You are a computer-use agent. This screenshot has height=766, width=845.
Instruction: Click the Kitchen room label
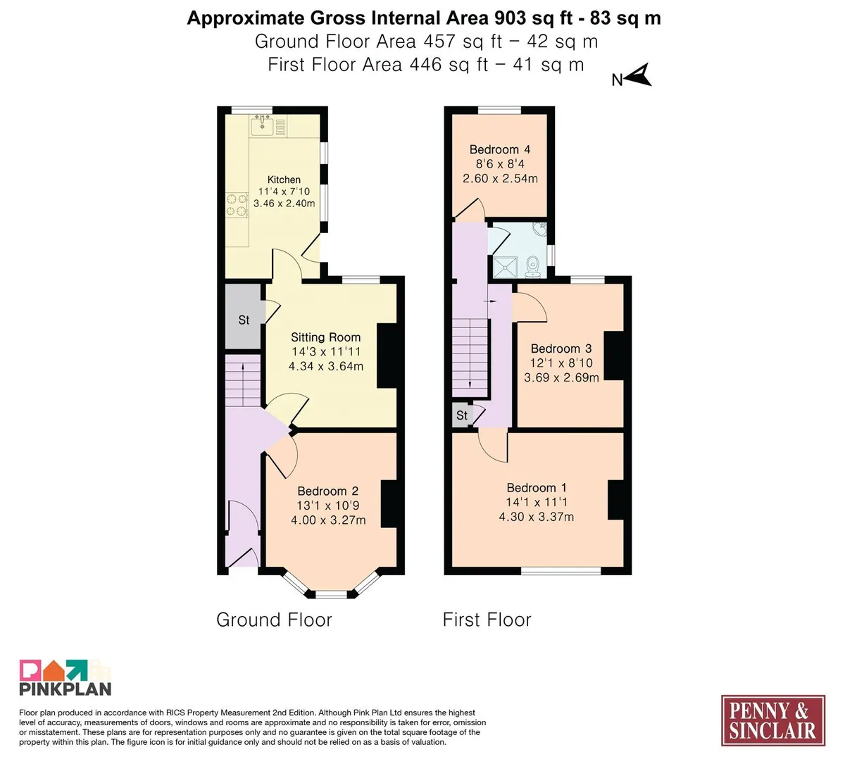tap(284, 180)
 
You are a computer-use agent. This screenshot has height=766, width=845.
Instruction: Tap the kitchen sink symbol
tap(262, 125)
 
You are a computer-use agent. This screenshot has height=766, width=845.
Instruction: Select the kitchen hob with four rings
tap(237, 205)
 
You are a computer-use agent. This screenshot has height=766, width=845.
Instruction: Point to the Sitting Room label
tap(325, 337)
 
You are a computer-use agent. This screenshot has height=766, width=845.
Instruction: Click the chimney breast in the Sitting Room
tap(387, 356)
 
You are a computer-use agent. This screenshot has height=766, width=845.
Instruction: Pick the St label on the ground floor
tap(244, 320)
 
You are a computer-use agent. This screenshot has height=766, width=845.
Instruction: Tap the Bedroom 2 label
tap(327, 491)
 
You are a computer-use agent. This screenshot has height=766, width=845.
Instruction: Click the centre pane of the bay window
tap(332, 594)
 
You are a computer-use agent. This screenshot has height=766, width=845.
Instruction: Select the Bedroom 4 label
tap(499, 149)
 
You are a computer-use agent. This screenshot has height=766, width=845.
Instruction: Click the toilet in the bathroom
tap(533, 268)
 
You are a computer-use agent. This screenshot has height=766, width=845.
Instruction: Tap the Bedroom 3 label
tap(561, 349)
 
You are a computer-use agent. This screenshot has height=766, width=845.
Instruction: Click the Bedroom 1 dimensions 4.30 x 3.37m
tap(537, 517)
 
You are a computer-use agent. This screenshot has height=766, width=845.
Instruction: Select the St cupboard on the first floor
tap(462, 415)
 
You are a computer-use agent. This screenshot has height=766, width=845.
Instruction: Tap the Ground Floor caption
tap(274, 620)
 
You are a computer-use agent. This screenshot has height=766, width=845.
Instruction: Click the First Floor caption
tap(487, 620)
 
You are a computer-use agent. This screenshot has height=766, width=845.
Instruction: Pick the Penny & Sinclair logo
tap(773, 721)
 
